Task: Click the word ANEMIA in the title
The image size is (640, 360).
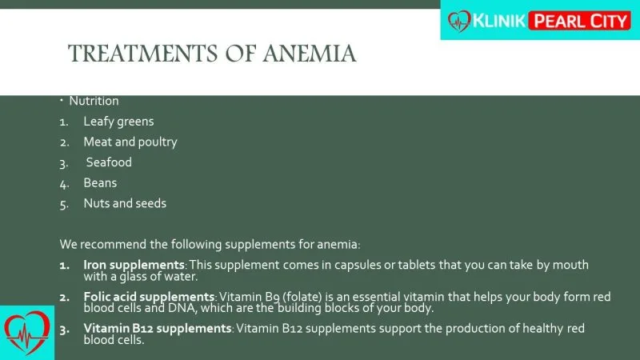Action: [x=309, y=54]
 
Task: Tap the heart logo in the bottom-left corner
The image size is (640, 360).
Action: [x=26, y=333]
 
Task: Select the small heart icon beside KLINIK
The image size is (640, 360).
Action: [x=459, y=22]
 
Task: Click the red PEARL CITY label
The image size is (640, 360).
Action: [x=579, y=22]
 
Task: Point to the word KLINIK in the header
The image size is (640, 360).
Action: [x=498, y=21]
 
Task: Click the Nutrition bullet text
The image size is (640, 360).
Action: [x=94, y=101]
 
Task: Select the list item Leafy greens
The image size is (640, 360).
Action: [x=118, y=122]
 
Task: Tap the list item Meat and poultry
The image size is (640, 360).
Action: [x=130, y=142]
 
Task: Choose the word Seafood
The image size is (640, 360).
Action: [x=109, y=162]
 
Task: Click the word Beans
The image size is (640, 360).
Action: [x=100, y=183]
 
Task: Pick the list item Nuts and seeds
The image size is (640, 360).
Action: [x=125, y=203]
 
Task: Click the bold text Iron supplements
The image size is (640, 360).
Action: [x=134, y=266]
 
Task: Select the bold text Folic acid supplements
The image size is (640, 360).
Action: [x=149, y=297]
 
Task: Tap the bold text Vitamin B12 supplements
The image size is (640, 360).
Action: [x=158, y=329]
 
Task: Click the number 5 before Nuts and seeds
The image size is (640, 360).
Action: [x=64, y=204]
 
